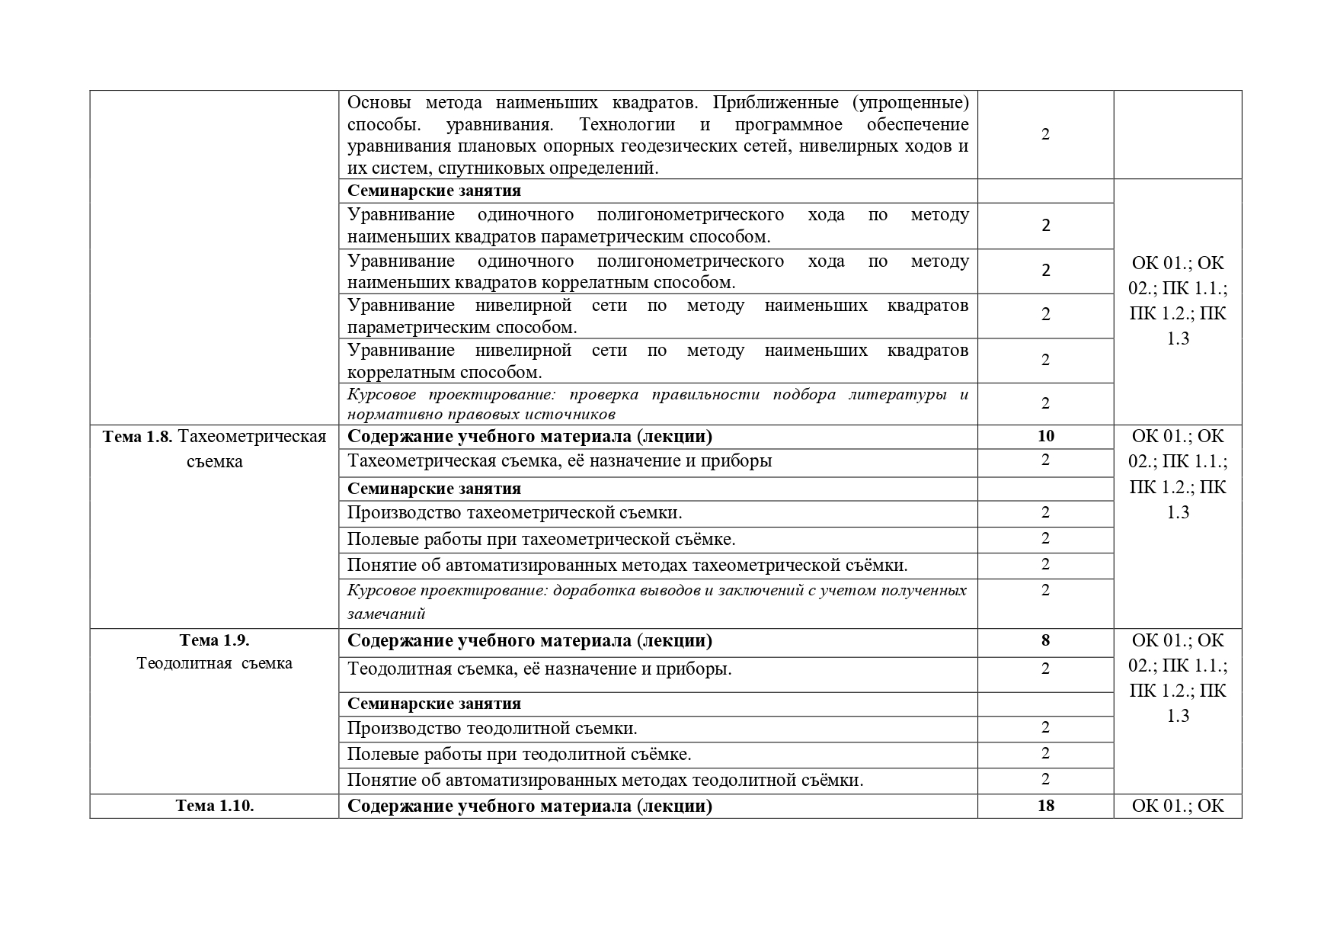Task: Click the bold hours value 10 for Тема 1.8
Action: coord(1045,436)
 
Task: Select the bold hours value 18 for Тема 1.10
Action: coord(1045,806)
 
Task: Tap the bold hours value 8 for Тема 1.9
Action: coord(1045,640)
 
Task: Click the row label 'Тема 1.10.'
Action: coord(215,806)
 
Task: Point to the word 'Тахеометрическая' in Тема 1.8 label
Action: coord(257,437)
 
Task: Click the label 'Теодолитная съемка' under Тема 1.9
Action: coord(215,663)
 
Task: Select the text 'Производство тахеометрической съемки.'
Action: coord(514,512)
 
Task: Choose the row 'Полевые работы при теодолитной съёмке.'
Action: coord(519,755)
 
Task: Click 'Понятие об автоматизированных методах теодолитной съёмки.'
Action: coord(605,781)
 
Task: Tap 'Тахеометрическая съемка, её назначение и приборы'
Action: coord(559,460)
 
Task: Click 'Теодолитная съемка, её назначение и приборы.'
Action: coord(539,669)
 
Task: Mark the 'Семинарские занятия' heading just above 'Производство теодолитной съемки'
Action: coord(434,704)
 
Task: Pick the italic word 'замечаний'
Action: coord(386,614)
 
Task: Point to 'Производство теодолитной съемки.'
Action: coord(492,728)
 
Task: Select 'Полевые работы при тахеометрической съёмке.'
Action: coord(541,540)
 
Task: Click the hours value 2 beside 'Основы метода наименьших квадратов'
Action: coord(1045,134)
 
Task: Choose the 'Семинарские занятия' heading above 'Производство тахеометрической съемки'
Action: coord(434,489)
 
